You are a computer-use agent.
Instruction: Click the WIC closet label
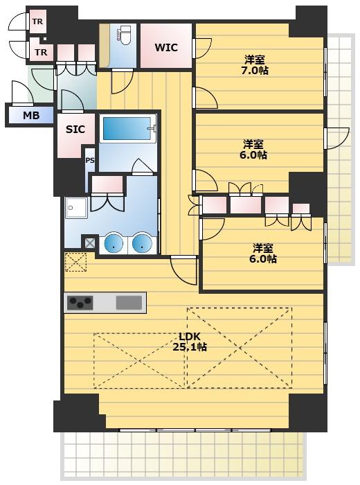pos(166,48)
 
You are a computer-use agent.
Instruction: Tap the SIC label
pos(75,129)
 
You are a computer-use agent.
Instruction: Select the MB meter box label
pos(31,116)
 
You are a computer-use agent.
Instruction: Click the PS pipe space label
pos(90,161)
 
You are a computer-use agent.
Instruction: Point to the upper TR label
pos(37,21)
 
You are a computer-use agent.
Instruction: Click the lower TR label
pos(41,52)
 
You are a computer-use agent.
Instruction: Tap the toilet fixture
pos(124,35)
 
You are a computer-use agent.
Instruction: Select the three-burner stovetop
pos(80,303)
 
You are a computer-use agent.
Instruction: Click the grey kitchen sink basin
pos(129,303)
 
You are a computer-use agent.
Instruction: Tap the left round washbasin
pos(114,242)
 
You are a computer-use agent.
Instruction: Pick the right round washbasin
pos(142,242)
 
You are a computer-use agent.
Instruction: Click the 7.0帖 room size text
pos(255,71)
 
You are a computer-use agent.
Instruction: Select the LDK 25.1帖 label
pos(190,342)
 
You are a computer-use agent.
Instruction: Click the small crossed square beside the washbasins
pos(90,242)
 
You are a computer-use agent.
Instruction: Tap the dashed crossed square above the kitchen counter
pos(75,262)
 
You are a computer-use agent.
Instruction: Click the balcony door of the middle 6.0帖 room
pos(337,138)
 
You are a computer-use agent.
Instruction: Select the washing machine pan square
pos(76,208)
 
